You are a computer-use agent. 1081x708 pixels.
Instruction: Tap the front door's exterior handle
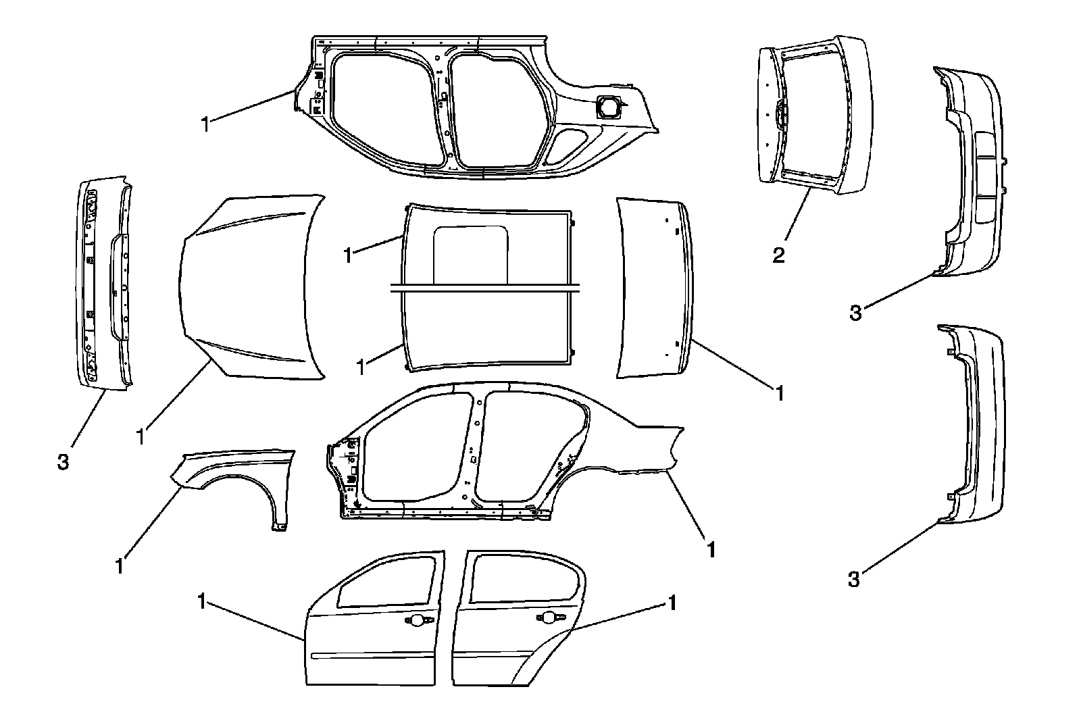[x=414, y=619]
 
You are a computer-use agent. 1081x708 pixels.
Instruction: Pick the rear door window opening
[x=524, y=578]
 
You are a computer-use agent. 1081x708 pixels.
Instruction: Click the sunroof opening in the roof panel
[x=471, y=253]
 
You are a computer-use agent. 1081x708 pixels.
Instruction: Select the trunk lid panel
[x=652, y=287]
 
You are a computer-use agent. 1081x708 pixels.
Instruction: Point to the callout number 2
[x=779, y=255]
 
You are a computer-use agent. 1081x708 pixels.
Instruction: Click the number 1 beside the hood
[x=141, y=436]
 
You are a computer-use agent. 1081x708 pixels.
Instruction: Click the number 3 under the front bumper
[x=63, y=463]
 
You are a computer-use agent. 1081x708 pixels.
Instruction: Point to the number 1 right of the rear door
[x=672, y=602]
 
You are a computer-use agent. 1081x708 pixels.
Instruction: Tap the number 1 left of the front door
[x=202, y=601]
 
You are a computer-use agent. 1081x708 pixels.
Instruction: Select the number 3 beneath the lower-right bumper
[x=854, y=579]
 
